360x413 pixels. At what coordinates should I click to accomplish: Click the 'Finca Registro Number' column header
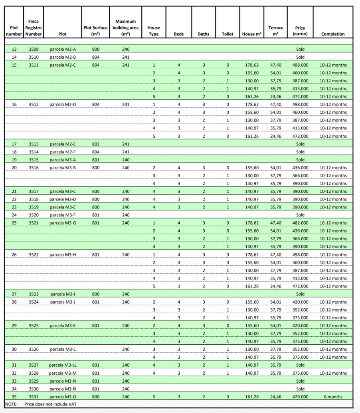[x=33, y=28]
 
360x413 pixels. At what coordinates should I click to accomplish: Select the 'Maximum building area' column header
[x=125, y=28]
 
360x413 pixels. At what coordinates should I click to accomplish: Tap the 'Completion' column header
[x=333, y=34]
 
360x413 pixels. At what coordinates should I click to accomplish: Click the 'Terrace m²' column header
[x=276, y=31]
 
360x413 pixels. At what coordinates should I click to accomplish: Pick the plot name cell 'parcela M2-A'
[x=63, y=49]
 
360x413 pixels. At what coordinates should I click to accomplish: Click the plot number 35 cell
[x=14, y=397]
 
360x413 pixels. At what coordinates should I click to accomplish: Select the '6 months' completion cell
[x=333, y=397]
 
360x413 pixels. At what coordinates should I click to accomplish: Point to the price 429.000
[x=300, y=397]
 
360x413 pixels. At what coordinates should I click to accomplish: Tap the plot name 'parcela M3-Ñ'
[x=63, y=389]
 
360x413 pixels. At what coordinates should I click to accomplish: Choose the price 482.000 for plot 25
[x=300, y=223]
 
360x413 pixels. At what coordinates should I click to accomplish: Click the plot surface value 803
[x=95, y=144]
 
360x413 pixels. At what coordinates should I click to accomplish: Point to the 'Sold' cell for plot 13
[x=300, y=49]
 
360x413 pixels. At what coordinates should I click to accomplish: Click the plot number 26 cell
[x=14, y=254]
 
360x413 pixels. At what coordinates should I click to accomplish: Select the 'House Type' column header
[x=154, y=31]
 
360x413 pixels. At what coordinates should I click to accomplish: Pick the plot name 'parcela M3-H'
[x=63, y=254]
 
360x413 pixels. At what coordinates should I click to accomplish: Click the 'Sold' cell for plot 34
[x=300, y=389]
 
